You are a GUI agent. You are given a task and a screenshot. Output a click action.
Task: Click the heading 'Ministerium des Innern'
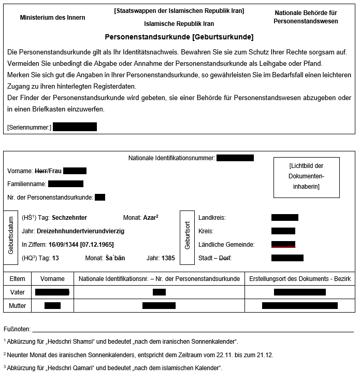tap(52, 18)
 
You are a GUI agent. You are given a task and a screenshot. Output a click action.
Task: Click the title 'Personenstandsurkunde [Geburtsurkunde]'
tap(179, 37)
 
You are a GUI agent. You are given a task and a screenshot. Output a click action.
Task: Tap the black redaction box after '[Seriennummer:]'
tap(75, 127)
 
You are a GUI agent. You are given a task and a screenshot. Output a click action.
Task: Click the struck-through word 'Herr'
tap(40, 171)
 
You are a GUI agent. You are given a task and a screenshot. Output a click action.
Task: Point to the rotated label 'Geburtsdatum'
tap(11, 236)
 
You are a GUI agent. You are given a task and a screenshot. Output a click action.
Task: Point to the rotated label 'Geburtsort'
tap(187, 235)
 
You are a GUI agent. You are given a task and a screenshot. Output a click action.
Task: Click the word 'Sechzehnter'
tap(69, 218)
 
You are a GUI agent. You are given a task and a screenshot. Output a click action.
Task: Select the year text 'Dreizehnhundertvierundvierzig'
tap(88, 231)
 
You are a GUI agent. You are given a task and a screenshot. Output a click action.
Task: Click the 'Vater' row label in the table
tap(18, 292)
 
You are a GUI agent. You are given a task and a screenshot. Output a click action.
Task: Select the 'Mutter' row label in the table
tap(18, 306)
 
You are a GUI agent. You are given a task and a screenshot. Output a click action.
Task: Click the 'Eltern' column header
tap(18, 279)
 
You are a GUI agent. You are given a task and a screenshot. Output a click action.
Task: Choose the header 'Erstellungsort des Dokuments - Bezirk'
tap(300, 279)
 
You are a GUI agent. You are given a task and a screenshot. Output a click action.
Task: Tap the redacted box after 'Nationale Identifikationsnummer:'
tap(235, 158)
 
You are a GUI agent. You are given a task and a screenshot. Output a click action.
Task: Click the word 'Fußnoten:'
tap(17, 329)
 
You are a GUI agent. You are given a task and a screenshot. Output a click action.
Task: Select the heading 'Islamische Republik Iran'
tap(179, 24)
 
